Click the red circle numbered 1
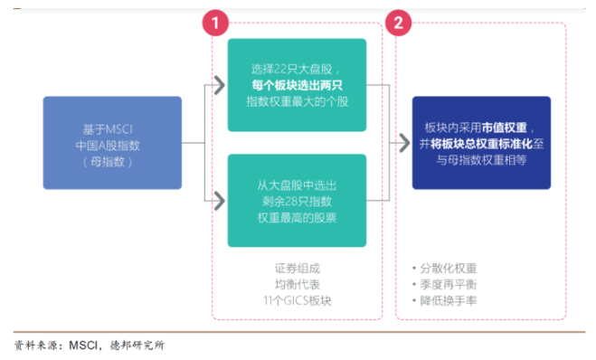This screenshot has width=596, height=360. point(215,23)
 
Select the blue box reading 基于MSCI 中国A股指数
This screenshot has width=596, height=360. point(112,143)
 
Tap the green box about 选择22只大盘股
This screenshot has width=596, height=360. point(297,86)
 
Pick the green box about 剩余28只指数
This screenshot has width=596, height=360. point(297,201)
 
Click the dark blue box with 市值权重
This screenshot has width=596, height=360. point(481,143)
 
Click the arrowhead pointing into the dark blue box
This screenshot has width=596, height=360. point(402,143)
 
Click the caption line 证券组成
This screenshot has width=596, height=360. point(297,269)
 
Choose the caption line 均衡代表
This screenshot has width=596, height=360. point(297,284)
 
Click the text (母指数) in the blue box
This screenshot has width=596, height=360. point(112,161)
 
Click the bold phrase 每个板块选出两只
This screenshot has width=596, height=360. point(297,86)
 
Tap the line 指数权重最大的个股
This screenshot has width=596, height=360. point(297,102)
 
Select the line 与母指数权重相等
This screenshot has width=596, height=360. point(480,160)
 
